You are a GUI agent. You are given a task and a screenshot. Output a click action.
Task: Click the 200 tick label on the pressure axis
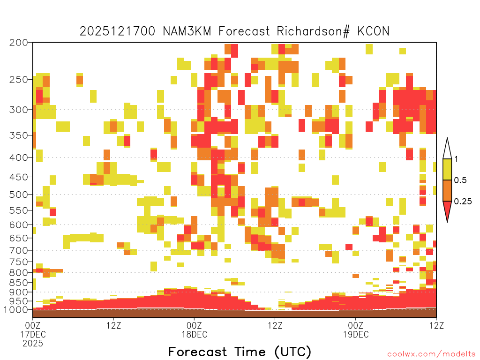click(x=19, y=43)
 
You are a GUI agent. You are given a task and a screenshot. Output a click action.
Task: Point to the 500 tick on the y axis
click(x=19, y=195)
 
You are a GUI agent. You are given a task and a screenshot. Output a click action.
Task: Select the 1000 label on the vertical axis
click(x=16, y=310)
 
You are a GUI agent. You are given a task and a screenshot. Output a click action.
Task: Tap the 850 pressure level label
click(x=19, y=283)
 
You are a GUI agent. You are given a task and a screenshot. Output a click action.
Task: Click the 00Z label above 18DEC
click(x=195, y=325)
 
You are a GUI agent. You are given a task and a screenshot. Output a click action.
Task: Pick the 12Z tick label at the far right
click(x=436, y=325)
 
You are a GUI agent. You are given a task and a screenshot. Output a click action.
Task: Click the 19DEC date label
click(x=356, y=334)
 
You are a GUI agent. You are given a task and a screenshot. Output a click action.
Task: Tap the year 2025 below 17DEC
click(x=33, y=344)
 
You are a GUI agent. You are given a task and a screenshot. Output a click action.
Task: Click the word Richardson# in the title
click(x=313, y=31)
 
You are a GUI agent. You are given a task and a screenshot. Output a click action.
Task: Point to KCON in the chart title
click(x=373, y=31)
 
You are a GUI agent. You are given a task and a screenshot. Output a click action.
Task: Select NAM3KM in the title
click(x=187, y=31)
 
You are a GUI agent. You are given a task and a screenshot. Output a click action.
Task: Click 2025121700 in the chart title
click(x=118, y=31)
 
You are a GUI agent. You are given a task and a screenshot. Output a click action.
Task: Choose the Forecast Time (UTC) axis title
click(x=240, y=352)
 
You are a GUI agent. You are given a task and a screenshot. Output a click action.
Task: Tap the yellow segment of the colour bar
click(x=447, y=169)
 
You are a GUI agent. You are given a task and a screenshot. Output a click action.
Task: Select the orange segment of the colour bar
click(x=447, y=191)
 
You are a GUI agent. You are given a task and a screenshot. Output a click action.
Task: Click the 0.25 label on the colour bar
click(x=463, y=202)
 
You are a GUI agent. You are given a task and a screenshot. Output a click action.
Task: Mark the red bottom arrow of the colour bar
click(x=447, y=210)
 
